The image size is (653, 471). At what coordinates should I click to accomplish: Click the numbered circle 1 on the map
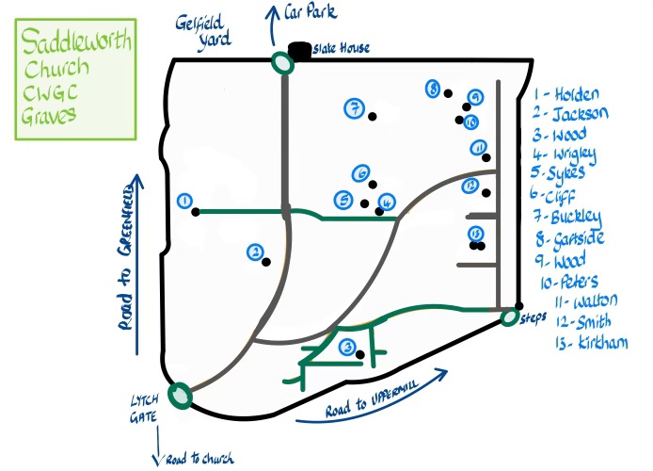tap(184, 201)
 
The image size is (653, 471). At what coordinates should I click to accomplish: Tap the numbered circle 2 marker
tap(254, 252)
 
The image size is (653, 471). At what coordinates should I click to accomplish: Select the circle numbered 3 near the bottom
tap(347, 347)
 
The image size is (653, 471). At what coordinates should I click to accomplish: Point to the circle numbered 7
tap(354, 108)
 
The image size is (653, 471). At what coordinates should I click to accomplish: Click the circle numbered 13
tap(475, 233)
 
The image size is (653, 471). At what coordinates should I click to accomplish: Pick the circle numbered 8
tap(433, 89)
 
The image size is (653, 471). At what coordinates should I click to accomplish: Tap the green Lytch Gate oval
tap(178, 395)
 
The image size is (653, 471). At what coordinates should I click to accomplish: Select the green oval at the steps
tap(509, 317)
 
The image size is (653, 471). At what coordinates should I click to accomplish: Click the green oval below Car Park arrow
tap(281, 62)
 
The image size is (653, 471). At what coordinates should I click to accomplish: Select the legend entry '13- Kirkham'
tap(589, 342)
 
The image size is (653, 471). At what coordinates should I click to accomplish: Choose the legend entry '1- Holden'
tap(565, 95)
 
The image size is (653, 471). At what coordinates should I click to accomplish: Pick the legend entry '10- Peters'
tap(569, 281)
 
